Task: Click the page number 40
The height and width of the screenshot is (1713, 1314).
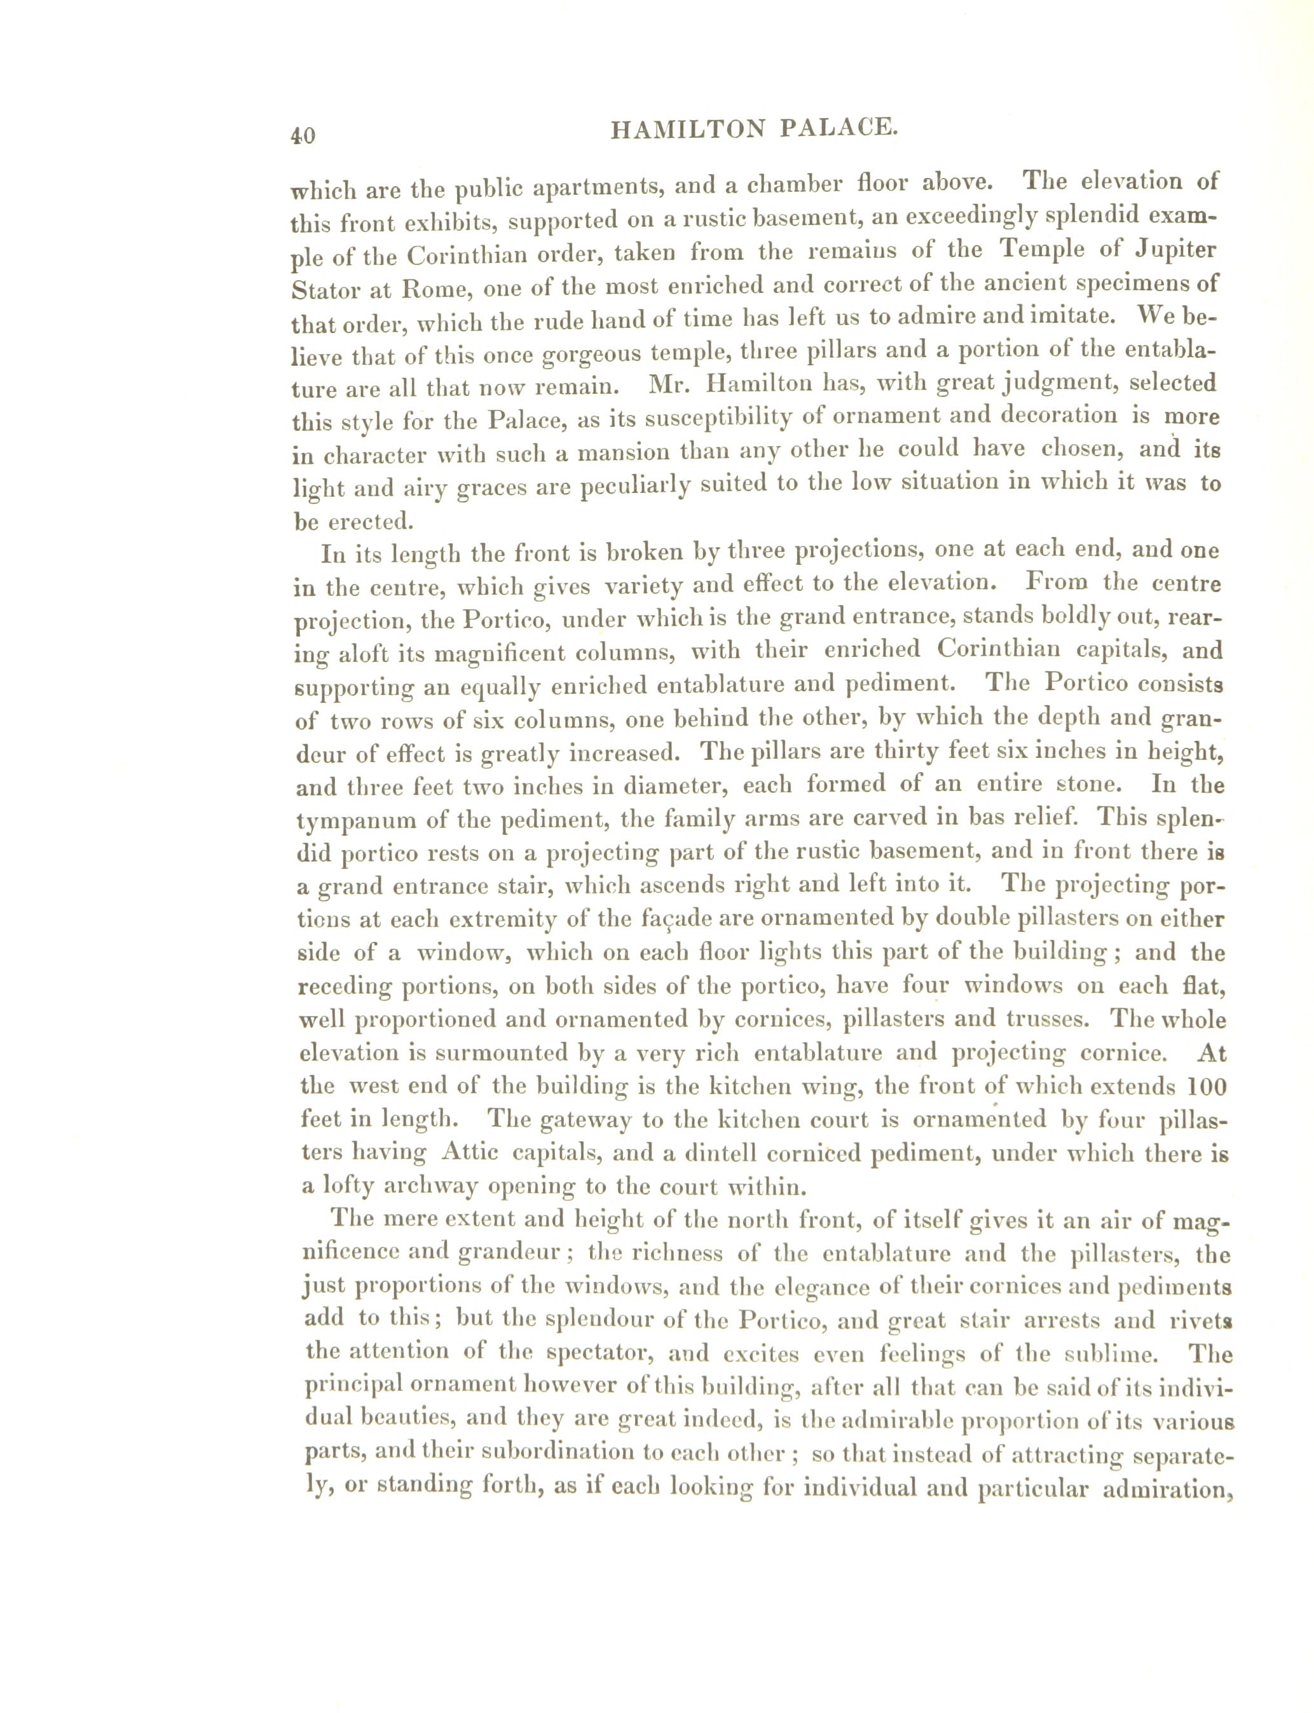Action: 303,135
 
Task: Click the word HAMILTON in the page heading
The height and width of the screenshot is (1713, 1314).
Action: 687,129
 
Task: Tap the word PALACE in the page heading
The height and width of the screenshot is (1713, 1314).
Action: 838,128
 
